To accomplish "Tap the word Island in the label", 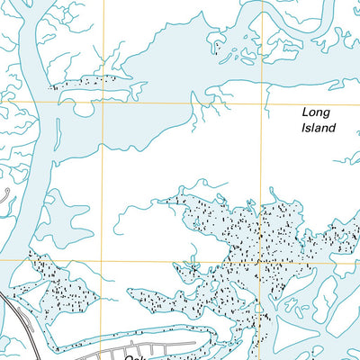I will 318,128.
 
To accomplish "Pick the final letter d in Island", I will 333,128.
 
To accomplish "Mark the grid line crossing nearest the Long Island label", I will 265,101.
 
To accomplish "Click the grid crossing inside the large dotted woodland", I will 262,260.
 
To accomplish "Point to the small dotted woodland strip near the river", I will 90,81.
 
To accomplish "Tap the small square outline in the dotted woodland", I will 190,267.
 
